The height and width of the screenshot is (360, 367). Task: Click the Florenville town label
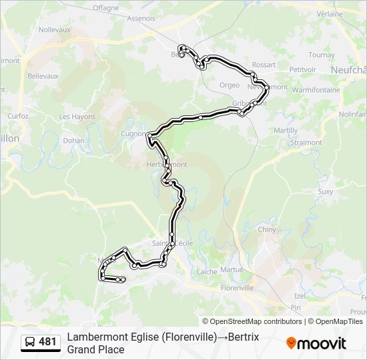point(237,288)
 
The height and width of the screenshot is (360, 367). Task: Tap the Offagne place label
point(105,8)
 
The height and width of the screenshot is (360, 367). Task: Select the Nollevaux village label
point(55,30)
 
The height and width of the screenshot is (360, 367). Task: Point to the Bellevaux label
point(43,76)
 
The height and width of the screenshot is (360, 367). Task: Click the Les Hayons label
point(77,117)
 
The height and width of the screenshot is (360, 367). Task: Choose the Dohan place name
point(73,141)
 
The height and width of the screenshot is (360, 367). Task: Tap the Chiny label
point(266,229)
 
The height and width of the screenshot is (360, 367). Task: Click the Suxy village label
point(325,191)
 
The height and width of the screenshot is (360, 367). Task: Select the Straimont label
point(306,143)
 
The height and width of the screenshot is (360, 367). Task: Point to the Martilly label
point(286,130)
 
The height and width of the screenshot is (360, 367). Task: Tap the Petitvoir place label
point(302,69)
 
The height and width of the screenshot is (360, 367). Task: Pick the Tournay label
point(322,55)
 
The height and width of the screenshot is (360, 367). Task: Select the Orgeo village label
point(229,85)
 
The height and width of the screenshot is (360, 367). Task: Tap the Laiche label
point(206,271)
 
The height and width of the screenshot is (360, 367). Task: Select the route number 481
point(47,342)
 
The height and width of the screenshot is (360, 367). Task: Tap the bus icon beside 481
point(30,342)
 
